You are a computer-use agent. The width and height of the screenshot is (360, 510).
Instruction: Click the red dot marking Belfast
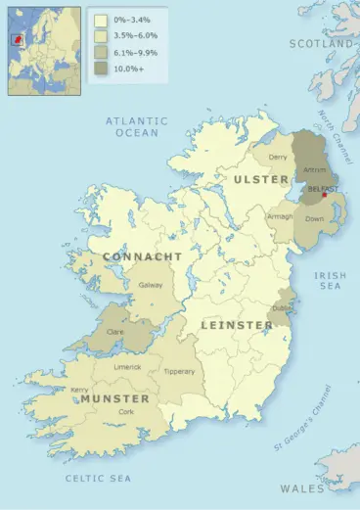[x=325, y=194]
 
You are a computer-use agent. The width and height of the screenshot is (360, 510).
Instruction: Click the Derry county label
[x=278, y=157]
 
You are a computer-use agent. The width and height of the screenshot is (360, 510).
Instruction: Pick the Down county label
[x=315, y=218]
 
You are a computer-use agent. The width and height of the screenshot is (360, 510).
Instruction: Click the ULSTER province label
[x=261, y=180]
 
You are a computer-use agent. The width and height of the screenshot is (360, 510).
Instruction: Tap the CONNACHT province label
[x=141, y=256]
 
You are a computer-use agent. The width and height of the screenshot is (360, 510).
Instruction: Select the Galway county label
[x=151, y=285]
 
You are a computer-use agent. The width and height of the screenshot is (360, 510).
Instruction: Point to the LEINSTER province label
[x=237, y=324]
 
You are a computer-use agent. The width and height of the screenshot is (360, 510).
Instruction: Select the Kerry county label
[x=80, y=389]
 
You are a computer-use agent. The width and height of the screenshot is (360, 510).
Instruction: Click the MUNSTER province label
[x=115, y=399]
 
